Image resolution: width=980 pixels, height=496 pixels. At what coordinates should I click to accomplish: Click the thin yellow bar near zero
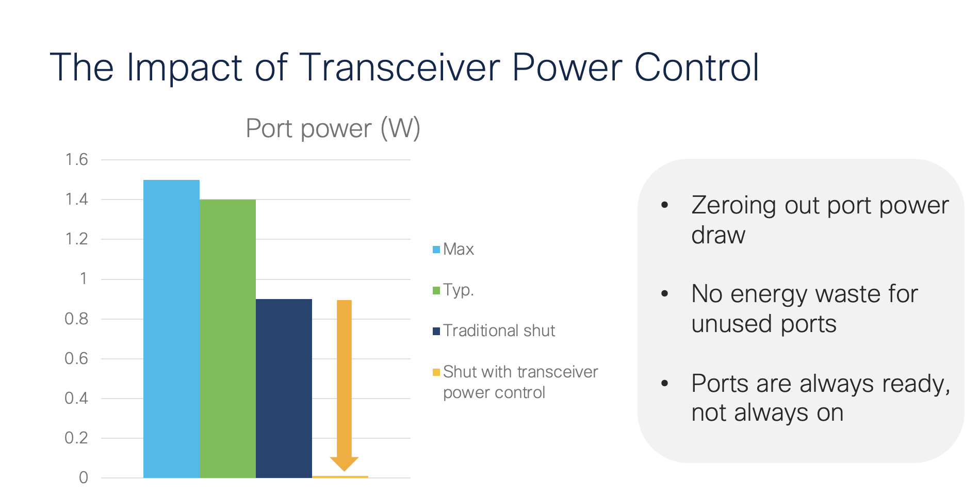pyautogui.click(x=340, y=476)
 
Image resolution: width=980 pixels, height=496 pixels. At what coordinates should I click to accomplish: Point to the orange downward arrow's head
pyautogui.click(x=344, y=464)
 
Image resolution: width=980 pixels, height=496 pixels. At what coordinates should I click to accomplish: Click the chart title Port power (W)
pyautogui.click(x=333, y=128)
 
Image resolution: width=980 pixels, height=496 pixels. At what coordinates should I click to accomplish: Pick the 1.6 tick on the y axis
pyautogui.click(x=76, y=160)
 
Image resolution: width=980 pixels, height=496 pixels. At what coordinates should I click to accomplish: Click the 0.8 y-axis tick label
pyautogui.click(x=76, y=319)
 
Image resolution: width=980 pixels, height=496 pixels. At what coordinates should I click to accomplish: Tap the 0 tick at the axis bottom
pyautogui.click(x=83, y=478)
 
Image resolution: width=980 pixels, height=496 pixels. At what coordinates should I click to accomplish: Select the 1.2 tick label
pyautogui.click(x=76, y=239)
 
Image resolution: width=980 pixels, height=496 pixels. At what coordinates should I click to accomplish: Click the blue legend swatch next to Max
pyautogui.click(x=436, y=250)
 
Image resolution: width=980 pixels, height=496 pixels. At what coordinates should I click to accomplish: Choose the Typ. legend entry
pyautogui.click(x=458, y=290)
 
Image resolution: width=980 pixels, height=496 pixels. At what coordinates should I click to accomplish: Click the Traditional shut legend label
pyautogui.click(x=499, y=330)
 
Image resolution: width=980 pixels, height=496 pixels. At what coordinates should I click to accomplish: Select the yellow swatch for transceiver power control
pyautogui.click(x=436, y=372)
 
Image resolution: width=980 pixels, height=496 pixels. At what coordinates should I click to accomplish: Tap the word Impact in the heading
pyautogui.click(x=184, y=68)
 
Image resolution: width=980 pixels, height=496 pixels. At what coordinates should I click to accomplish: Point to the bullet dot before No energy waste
pyautogui.click(x=665, y=294)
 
